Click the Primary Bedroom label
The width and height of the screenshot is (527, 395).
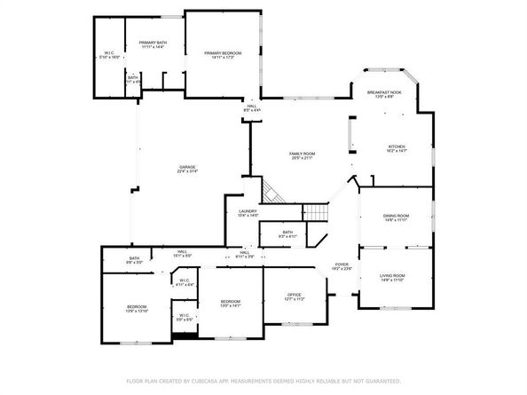point(223,53)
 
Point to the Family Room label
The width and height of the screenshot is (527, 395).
point(302,154)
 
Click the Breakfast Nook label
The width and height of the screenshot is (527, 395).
point(383,93)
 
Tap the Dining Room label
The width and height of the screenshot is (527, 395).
point(396,216)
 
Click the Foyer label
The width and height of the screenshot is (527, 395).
point(342,265)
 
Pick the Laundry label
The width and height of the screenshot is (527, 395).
point(248,211)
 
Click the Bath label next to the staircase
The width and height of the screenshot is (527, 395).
point(287,233)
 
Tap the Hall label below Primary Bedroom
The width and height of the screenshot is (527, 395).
point(252,107)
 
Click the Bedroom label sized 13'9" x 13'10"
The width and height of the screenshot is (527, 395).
point(136,308)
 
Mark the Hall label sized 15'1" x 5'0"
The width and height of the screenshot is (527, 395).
point(181,252)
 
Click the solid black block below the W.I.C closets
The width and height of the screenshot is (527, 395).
point(186,336)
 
